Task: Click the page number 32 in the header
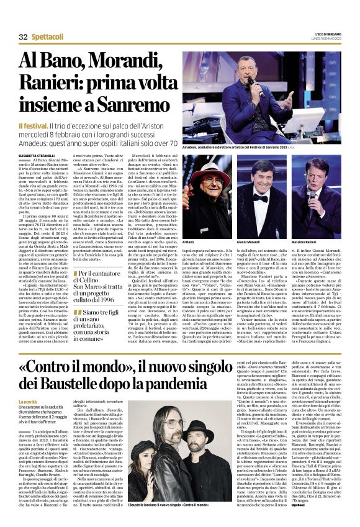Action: (x=24, y=37)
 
